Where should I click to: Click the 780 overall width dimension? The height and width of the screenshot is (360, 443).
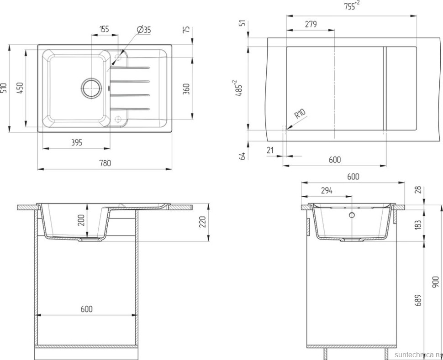click(105, 163)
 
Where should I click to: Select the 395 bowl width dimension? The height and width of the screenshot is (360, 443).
click(76, 143)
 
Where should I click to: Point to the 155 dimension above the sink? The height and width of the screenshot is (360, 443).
click(104, 29)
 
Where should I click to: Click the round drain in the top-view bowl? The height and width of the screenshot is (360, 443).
click(91, 87)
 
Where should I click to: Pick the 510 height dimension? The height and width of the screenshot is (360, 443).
click(4, 88)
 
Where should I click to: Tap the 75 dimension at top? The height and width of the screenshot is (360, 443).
click(186, 30)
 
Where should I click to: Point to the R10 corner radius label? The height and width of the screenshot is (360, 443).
click(300, 114)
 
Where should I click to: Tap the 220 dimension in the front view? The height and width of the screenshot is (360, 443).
click(203, 222)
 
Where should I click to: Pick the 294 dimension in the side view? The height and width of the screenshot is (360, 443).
click(326, 190)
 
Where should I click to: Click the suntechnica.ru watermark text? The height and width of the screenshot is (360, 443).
click(416, 354)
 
